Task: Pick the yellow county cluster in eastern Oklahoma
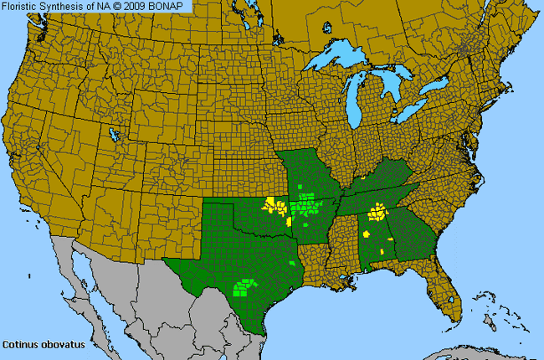pos(275,206)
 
